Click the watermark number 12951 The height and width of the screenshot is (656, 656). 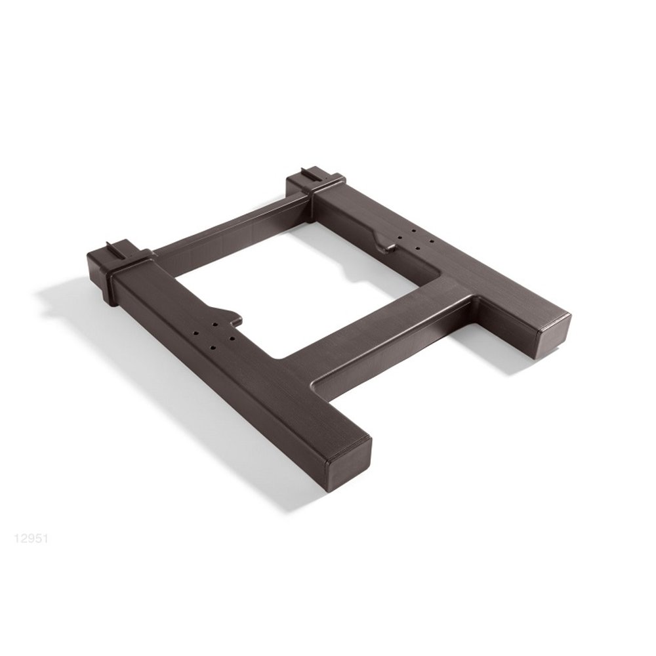pyautogui.click(x=31, y=538)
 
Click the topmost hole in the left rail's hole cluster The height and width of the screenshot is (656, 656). pyautogui.click(x=215, y=324)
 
